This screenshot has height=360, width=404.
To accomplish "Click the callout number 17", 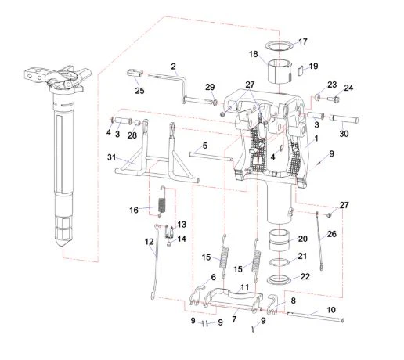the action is tap(303, 41).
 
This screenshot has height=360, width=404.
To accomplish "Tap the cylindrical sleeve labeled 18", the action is tap(280, 70).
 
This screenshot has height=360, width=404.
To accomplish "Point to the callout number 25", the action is tap(139, 91).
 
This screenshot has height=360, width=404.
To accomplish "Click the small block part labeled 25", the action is tap(135, 72).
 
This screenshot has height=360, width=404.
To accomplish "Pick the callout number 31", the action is tap(111, 157).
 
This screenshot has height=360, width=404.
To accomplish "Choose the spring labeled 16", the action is tap(162, 201).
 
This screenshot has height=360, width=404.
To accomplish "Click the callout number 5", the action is tap(204, 146).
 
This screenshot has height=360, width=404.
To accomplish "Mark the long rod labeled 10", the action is tap(316, 317).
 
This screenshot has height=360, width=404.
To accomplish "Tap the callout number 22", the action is tap(305, 276).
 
